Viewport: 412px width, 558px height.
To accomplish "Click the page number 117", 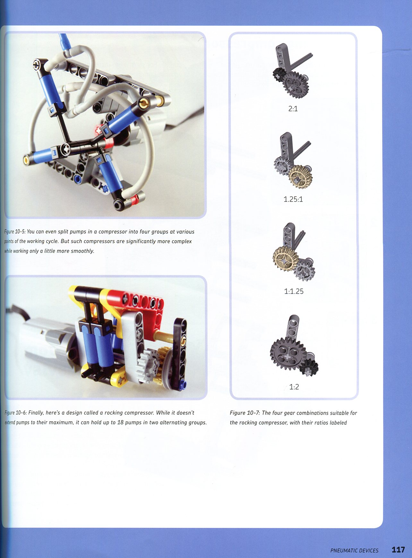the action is coord(398,550).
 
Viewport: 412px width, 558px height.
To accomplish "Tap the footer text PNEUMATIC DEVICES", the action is coord(354,551).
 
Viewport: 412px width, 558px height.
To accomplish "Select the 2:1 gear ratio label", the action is coord(293,109).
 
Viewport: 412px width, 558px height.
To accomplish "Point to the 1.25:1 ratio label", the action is coord(293,199).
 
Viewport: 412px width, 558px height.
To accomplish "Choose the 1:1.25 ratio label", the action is coord(294,291).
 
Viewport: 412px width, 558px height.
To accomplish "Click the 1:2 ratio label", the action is coord(294,387).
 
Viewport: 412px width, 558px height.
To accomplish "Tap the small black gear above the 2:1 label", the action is coord(278,74).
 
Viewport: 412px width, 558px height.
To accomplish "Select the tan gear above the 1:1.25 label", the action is coord(285,258).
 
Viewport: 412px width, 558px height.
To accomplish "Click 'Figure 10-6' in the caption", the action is coord(16,413).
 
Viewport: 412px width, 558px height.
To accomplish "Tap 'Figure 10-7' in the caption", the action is coord(245,413).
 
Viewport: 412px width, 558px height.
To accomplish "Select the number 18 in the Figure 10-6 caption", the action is coord(120,422).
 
